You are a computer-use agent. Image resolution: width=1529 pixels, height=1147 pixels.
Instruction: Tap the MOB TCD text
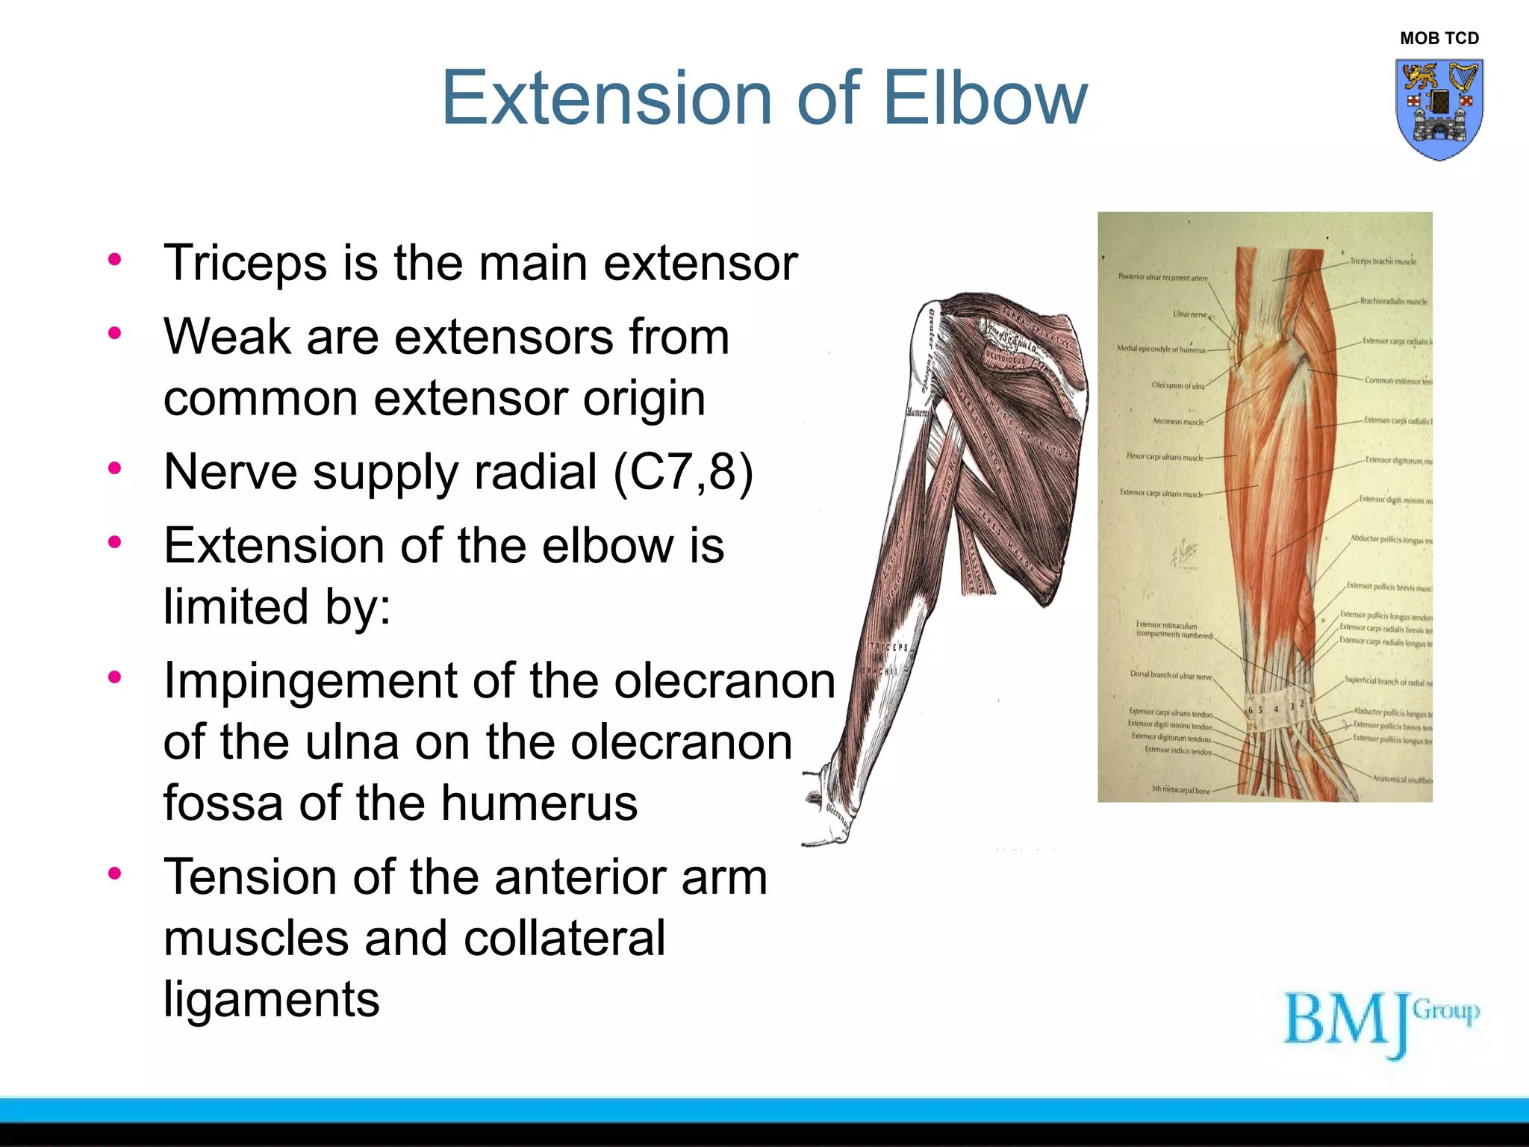[1439, 38]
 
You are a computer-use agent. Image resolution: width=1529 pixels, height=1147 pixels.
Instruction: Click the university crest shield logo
[1439, 109]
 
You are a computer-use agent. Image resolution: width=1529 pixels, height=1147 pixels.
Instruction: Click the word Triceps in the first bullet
[245, 264]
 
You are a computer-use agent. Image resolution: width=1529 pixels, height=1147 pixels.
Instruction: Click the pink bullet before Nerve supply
[114, 469]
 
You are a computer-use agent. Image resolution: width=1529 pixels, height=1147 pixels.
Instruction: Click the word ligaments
[271, 999]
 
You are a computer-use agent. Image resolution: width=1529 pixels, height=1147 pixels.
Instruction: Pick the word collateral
[564, 938]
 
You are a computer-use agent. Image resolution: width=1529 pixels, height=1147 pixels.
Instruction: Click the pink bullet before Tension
[114, 873]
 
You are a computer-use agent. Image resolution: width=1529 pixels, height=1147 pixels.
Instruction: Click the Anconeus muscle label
[1177, 422]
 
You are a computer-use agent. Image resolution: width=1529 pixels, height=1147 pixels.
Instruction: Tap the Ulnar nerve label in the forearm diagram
[1189, 314]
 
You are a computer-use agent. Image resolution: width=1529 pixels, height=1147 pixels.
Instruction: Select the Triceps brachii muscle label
[1383, 261]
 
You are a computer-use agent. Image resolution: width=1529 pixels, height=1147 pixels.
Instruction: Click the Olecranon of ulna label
[1177, 386]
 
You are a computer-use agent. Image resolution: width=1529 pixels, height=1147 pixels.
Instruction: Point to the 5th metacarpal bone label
[1180, 790]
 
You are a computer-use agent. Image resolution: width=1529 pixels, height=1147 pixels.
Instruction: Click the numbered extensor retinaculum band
[1278, 706]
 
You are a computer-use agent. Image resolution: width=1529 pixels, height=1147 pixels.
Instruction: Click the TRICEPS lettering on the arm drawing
[889, 647]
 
